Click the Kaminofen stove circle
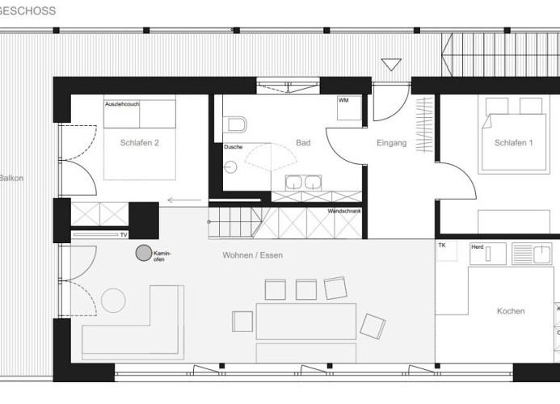(144, 254)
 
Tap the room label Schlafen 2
(138, 143)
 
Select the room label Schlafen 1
(513, 143)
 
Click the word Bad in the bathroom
(303, 143)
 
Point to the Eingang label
(392, 143)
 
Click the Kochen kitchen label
(511, 311)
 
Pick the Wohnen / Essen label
(253, 255)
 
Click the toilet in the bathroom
(236, 125)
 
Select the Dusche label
(233, 147)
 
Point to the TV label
(124, 234)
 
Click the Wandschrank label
(344, 212)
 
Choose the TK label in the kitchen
(442, 244)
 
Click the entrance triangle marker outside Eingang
(391, 65)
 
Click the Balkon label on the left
(10, 178)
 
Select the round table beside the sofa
(113, 301)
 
